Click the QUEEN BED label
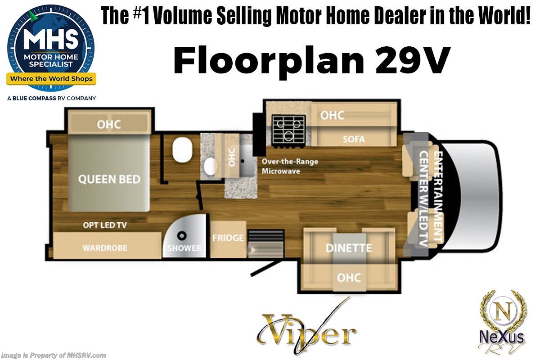(109, 179)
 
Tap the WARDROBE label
(105, 248)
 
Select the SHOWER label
(184, 248)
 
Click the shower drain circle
(182, 235)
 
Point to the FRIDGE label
(228, 238)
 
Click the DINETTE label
(349, 248)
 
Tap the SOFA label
(354, 139)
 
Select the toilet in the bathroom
(182, 150)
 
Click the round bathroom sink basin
(210, 166)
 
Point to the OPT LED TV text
(105, 225)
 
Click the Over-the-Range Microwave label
(290, 166)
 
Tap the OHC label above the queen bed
(109, 124)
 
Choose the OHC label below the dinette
(349, 278)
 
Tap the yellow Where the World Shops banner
(51, 79)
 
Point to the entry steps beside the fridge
(266, 244)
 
